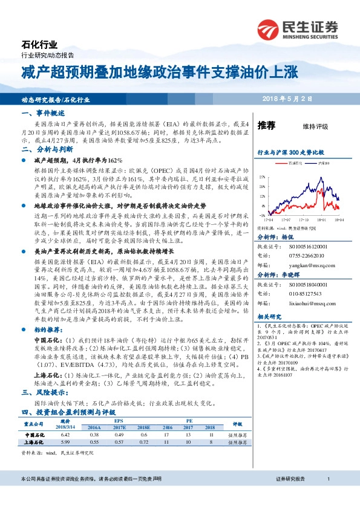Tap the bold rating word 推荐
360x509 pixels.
tap(267, 126)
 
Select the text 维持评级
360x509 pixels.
tap(315, 127)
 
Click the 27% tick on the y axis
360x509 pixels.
tap(261, 177)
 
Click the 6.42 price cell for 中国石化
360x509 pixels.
tap(67, 435)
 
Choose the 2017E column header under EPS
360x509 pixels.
tap(119, 427)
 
